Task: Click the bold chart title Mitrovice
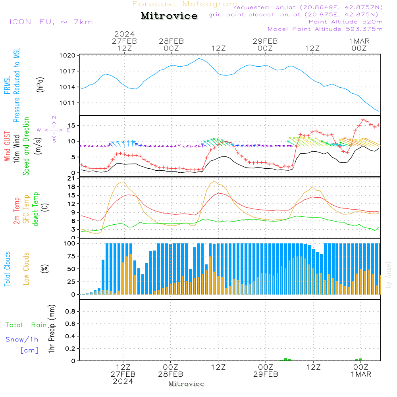tap(169, 16)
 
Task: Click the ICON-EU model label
tap(51, 22)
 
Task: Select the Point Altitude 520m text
tap(345, 22)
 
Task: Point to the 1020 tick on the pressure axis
tap(67, 56)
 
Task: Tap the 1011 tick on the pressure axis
tap(67, 103)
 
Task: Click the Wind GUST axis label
tap(7, 147)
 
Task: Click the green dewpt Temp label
tap(36, 209)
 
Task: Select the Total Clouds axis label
tap(7, 269)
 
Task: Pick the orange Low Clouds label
tap(26, 269)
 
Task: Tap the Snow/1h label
tap(22, 339)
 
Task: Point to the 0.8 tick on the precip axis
tap(70, 312)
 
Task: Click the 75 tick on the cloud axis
tap(70, 256)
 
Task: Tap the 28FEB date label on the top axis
tap(171, 41)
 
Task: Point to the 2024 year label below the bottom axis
tap(123, 381)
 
